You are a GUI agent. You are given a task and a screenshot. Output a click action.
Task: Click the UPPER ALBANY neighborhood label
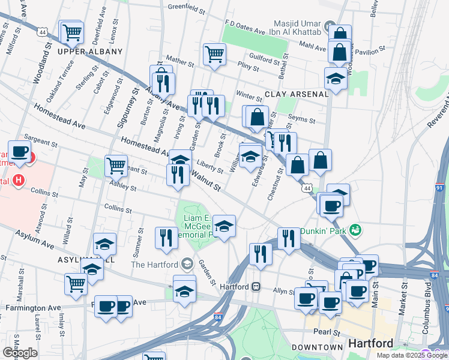[85, 52]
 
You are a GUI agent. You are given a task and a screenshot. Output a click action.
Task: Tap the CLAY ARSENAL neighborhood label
[297, 94]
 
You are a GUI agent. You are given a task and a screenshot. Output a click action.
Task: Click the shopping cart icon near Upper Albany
[72, 31]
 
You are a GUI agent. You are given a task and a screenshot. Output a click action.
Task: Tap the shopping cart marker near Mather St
[214, 54]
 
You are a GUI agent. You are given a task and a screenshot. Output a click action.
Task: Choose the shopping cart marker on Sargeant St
[116, 164]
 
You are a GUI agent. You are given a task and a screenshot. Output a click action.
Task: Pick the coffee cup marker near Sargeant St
[19, 151]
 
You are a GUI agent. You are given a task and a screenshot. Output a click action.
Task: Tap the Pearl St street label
[327, 332]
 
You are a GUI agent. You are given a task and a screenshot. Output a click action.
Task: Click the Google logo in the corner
[20, 353]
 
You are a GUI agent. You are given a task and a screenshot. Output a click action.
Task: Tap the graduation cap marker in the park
[224, 226]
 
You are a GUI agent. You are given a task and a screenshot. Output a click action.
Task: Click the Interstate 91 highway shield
[439, 188]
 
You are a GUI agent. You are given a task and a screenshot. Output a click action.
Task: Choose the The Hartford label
[154, 264]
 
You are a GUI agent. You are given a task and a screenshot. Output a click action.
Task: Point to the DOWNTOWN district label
[317, 347]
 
